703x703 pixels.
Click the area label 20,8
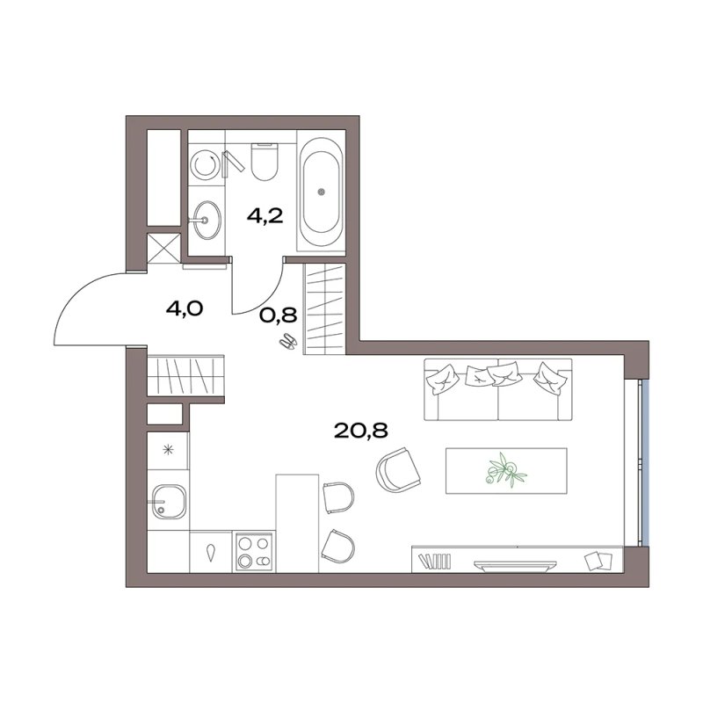(361, 431)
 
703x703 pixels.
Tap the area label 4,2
(265, 216)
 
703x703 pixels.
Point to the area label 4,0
(185, 308)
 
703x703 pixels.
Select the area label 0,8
(279, 315)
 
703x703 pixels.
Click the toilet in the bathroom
(265, 162)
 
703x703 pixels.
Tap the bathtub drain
(321, 192)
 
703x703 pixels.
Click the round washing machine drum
(205, 164)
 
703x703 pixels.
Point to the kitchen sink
(169, 502)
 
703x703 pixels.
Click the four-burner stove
(254, 552)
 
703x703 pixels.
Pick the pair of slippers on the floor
(288, 342)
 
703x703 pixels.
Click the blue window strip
(645, 464)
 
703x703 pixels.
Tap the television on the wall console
(515, 565)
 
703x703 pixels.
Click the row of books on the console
(435, 562)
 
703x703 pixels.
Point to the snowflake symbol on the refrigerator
(168, 449)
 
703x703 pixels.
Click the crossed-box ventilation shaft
(163, 248)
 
